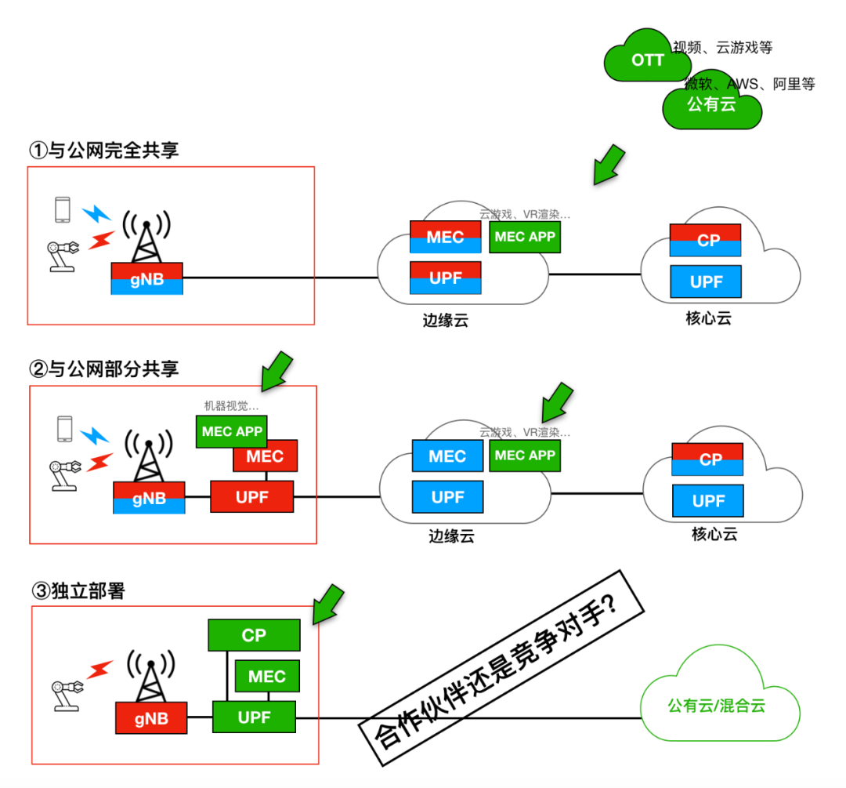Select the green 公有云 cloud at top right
coord(711,105)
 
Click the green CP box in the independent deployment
coord(254,635)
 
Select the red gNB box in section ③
coord(151,717)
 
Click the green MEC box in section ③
coord(266,676)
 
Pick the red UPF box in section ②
coord(251,496)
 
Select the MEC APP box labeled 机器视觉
coord(232,431)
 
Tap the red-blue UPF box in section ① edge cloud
coord(445,278)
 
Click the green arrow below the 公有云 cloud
coord(609,164)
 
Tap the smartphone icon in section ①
coord(63,210)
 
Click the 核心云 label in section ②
coord(714,535)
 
